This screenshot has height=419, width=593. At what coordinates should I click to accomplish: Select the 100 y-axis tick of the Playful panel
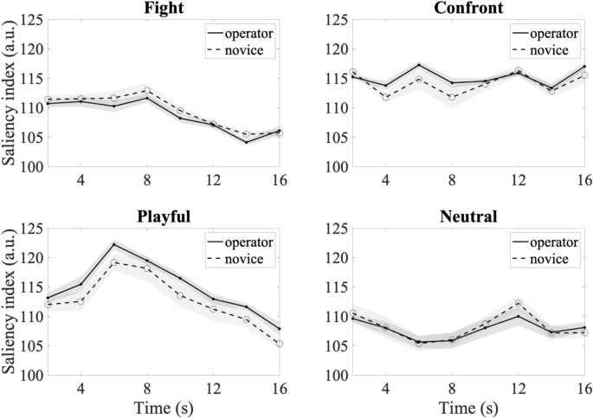(x=32, y=376)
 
